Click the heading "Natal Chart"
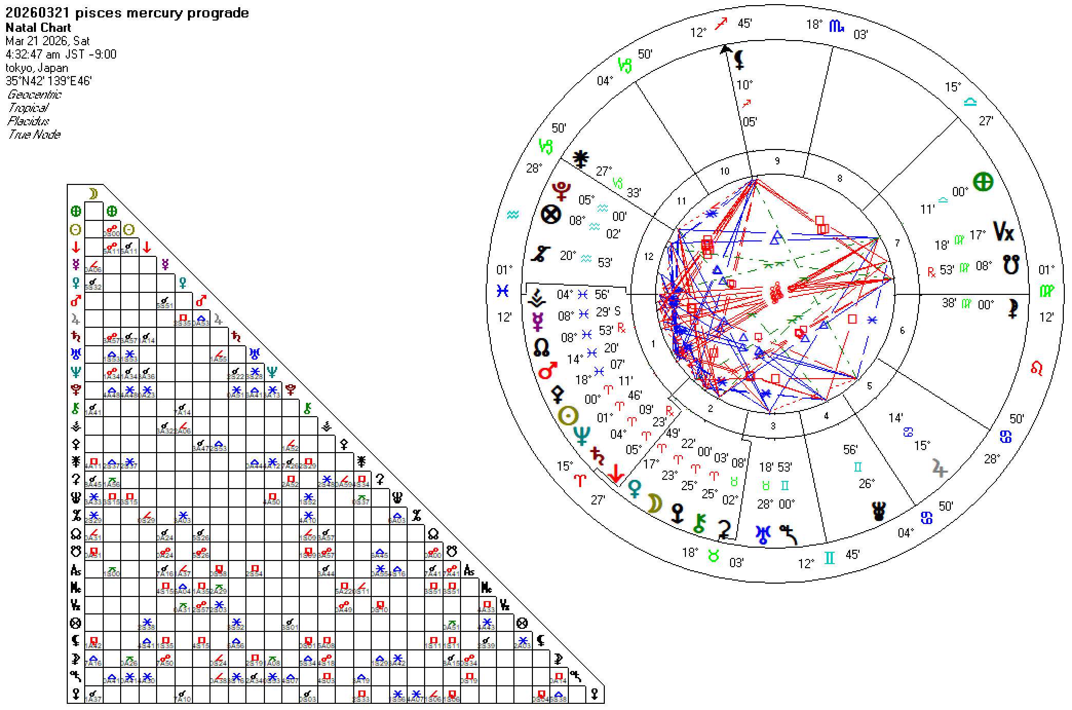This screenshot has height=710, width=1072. (39, 28)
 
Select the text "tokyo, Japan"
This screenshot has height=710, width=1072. (36, 68)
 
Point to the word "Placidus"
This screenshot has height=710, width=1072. (28, 121)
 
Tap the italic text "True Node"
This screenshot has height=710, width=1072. (34, 135)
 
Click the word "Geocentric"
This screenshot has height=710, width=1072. (34, 95)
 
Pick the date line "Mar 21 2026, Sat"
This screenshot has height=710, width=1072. (47, 41)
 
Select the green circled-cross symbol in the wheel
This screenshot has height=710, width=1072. (983, 182)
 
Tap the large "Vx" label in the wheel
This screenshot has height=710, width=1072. (1004, 232)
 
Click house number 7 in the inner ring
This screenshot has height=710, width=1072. (897, 243)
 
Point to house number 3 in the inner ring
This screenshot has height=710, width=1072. (773, 425)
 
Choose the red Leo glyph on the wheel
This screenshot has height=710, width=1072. (1037, 368)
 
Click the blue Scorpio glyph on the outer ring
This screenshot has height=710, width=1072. (836, 26)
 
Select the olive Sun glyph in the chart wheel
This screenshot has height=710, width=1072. (568, 416)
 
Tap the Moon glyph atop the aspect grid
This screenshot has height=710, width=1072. (93, 194)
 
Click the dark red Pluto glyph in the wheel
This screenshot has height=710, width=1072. (561, 191)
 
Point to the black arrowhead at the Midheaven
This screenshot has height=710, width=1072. (725, 49)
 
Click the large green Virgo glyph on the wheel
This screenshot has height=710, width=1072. (1047, 291)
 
